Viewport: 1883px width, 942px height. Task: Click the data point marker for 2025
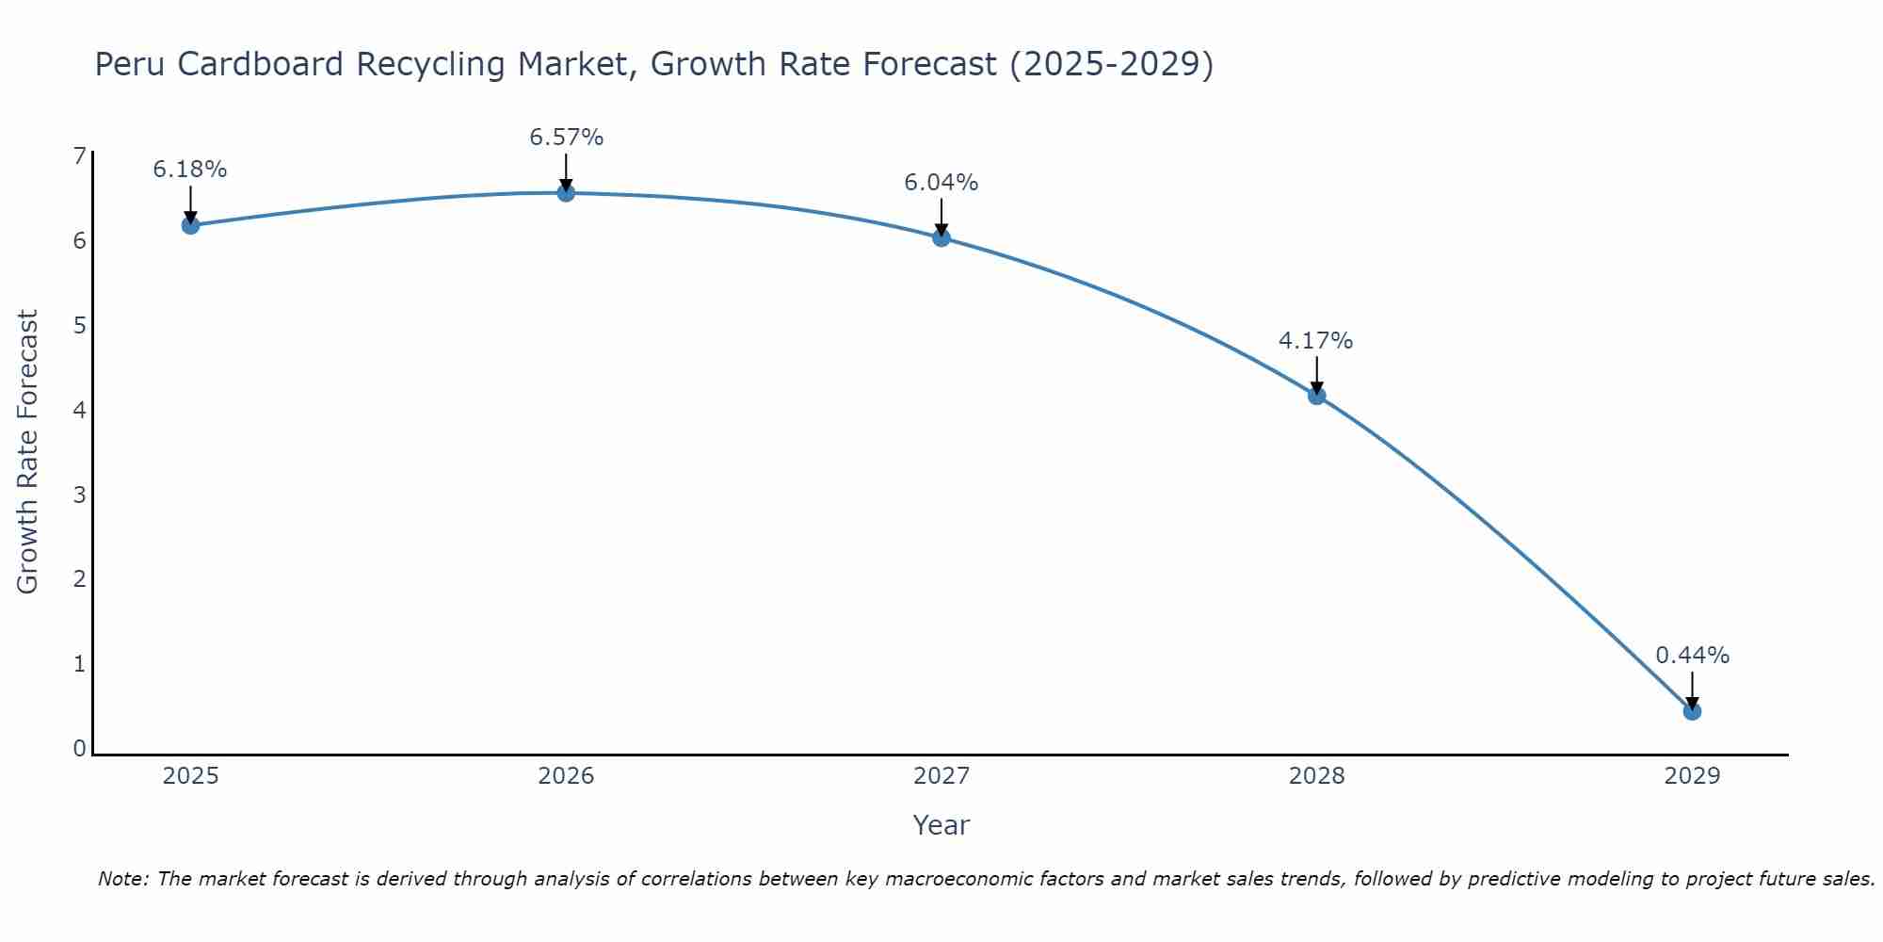[190, 225]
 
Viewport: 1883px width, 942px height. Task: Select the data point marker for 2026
[566, 193]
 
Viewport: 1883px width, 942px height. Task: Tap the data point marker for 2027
[941, 237]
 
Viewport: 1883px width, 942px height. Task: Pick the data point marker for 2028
[1316, 396]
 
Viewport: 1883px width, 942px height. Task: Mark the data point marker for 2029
[1692, 711]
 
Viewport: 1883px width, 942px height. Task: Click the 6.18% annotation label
[190, 170]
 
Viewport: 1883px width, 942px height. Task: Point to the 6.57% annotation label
[566, 138]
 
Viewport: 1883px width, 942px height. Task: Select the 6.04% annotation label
[941, 183]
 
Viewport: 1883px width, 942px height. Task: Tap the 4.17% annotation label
[1316, 341]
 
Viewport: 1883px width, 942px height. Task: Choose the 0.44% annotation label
[1692, 656]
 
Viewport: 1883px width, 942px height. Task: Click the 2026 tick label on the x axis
[566, 776]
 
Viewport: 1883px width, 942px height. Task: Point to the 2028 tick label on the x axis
[1316, 776]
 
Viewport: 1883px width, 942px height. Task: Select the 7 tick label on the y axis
[79, 156]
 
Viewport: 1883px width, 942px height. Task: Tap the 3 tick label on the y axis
[79, 495]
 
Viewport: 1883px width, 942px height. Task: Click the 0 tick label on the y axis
[79, 749]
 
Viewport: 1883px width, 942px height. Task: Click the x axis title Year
[941, 825]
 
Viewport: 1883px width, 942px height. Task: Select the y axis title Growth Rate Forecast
[28, 452]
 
